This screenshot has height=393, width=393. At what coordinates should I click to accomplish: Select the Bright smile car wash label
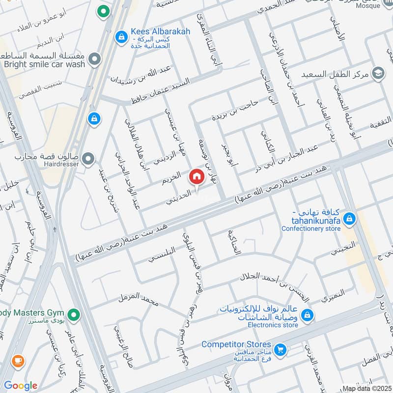pyautogui.click(x=44, y=64)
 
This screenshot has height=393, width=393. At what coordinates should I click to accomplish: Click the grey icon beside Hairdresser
pyautogui.click(x=88, y=158)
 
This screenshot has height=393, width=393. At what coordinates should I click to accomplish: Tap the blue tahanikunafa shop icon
pyautogui.click(x=349, y=218)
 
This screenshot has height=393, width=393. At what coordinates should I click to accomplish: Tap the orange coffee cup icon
pyautogui.click(x=18, y=361)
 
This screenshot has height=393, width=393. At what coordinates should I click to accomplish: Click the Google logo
pyautogui.click(x=21, y=386)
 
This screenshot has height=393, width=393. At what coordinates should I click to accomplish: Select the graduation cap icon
pyautogui.click(x=378, y=73)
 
